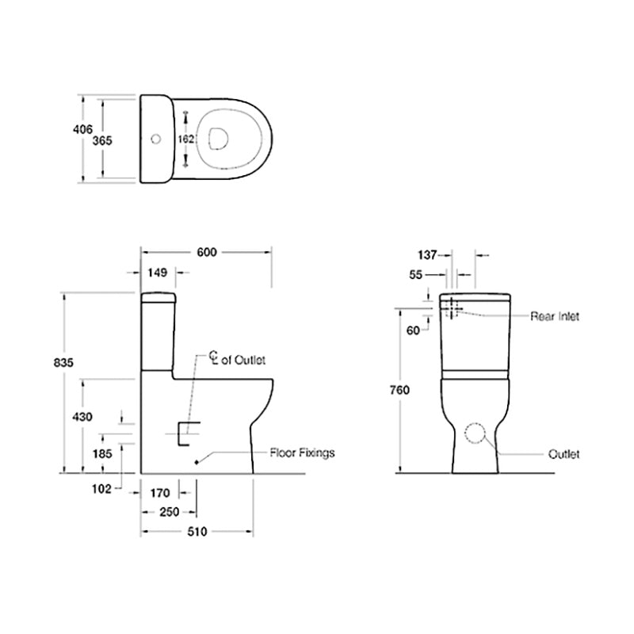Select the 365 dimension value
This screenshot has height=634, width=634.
[x=102, y=140]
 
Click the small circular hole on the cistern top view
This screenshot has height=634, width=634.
[x=155, y=139]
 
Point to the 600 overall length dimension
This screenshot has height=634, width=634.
[x=206, y=252]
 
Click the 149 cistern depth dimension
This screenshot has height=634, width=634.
[x=157, y=273]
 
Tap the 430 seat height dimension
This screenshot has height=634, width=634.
[x=82, y=417]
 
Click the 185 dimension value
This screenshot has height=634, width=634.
[x=103, y=454]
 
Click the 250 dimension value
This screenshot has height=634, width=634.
[x=169, y=512]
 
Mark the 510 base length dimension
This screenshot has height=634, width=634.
[x=197, y=532]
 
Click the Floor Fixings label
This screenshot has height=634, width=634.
[x=302, y=453]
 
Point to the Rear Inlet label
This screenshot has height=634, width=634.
[x=555, y=316]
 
